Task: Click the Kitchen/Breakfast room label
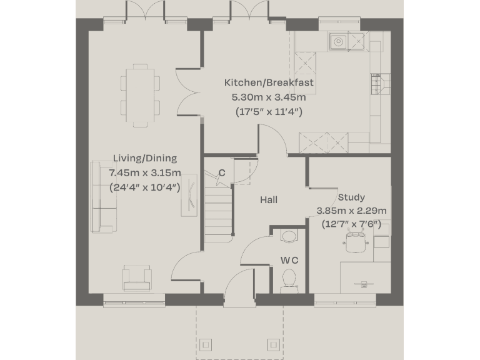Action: [x=269, y=82]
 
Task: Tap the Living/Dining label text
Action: [x=144, y=159]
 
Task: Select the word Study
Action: [x=351, y=197]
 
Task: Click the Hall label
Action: [x=269, y=200]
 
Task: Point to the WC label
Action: [x=289, y=260]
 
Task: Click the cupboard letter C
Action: [x=222, y=173]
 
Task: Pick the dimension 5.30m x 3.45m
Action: [x=269, y=97]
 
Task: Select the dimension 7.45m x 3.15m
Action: [x=144, y=173]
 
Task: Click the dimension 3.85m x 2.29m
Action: [x=351, y=211]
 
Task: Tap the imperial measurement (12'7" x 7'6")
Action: [x=351, y=224]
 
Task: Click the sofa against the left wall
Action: [x=103, y=195]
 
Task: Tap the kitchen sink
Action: [x=338, y=42]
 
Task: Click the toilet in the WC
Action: [x=289, y=278]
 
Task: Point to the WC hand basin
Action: [x=289, y=236]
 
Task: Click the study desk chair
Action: [x=357, y=242]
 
